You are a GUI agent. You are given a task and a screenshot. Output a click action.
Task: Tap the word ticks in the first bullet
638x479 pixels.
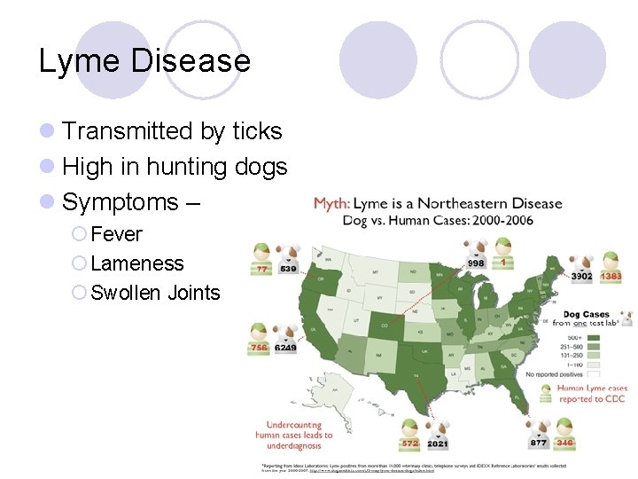click(x=256, y=131)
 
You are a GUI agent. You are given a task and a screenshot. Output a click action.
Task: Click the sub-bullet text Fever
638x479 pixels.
click(x=116, y=235)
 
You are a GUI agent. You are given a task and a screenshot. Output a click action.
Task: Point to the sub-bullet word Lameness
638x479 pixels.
click(x=137, y=263)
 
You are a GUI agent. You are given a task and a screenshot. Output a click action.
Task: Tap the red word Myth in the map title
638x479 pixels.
click(x=331, y=204)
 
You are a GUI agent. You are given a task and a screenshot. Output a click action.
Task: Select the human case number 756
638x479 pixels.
click(x=259, y=349)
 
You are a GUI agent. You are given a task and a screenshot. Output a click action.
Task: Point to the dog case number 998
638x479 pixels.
click(x=477, y=263)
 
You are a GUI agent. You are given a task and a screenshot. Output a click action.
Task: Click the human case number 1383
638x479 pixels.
click(x=611, y=277)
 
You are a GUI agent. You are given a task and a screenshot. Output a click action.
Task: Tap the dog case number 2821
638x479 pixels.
click(x=439, y=443)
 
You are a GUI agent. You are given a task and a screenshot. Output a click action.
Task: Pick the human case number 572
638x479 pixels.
click(x=409, y=443)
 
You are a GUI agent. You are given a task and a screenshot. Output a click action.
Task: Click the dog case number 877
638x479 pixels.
click(x=538, y=442)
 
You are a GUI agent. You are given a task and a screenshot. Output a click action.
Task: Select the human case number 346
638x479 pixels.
click(x=564, y=442)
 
